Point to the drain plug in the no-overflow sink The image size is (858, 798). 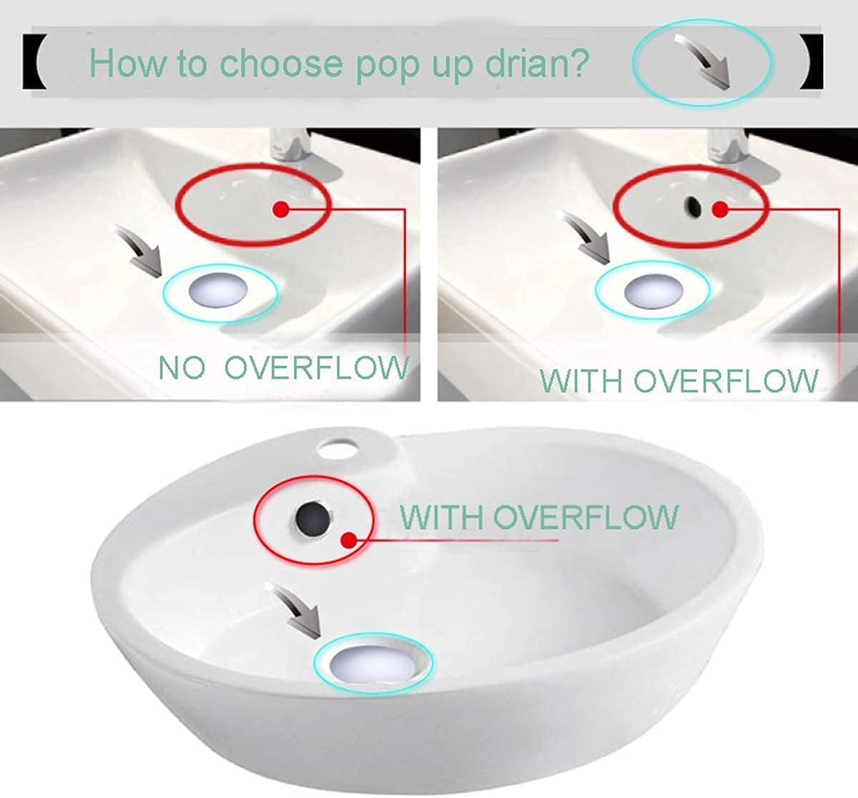[219, 290]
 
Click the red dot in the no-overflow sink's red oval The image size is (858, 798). [281, 209]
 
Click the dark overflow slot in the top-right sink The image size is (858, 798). [692, 206]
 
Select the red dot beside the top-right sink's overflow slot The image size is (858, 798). [721, 210]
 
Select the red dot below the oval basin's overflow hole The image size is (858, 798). [347, 539]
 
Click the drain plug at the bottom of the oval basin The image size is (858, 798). [375, 664]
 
